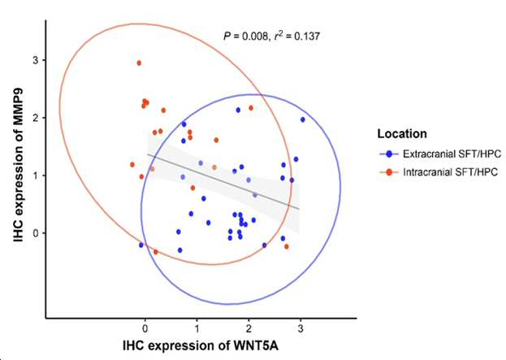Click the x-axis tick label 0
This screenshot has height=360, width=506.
145,329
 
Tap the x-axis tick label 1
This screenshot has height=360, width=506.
197,329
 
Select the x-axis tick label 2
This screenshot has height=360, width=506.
249,329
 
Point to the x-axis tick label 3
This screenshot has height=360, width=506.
301,329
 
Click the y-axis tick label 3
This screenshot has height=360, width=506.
35,60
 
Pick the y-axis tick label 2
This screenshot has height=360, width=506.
35,118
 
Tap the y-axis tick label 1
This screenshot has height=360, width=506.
35,176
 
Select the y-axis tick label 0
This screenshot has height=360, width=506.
35,232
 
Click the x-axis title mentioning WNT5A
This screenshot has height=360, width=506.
201,346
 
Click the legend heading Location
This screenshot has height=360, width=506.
402,133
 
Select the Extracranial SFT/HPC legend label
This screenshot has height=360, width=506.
452,154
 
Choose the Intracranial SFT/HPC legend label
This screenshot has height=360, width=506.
450,172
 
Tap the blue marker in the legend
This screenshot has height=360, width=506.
389,154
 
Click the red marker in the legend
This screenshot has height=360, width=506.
389,172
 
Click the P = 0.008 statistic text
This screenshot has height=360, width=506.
245,36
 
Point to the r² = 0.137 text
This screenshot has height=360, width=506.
297,36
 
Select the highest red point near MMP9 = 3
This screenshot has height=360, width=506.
139,63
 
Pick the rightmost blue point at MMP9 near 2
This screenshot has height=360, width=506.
303,119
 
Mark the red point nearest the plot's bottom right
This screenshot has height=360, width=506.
286,247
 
